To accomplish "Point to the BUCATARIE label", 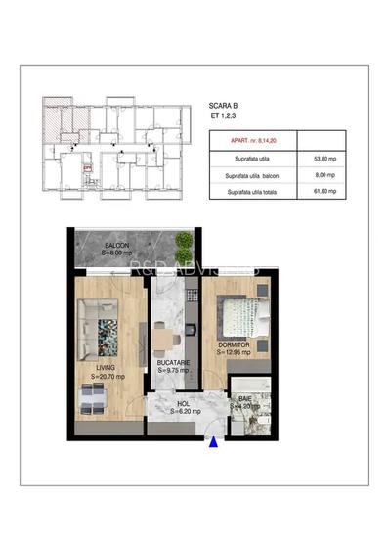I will click(173, 363).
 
